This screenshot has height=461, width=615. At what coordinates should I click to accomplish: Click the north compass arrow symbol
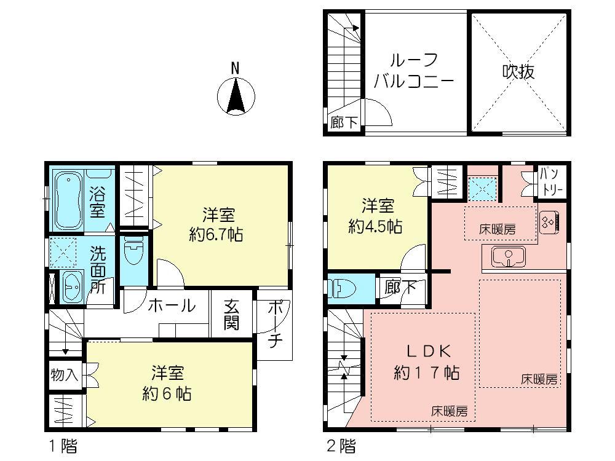click(236, 97)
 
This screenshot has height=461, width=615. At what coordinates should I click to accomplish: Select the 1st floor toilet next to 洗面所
click(132, 254)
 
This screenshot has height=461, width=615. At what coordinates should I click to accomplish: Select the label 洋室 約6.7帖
click(218, 224)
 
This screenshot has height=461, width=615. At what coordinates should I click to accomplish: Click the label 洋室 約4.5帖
click(375, 215)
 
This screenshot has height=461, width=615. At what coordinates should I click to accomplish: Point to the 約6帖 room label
click(170, 382)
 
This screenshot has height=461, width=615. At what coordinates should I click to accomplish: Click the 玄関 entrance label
click(231, 313)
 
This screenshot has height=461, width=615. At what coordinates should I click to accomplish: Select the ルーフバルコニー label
click(413, 71)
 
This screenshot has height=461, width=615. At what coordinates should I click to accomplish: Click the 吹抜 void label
click(518, 71)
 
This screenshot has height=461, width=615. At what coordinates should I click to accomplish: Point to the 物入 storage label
click(64, 374)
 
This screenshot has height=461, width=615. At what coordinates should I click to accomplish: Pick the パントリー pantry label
click(550, 182)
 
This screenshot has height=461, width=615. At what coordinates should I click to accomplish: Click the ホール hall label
click(172, 305)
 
